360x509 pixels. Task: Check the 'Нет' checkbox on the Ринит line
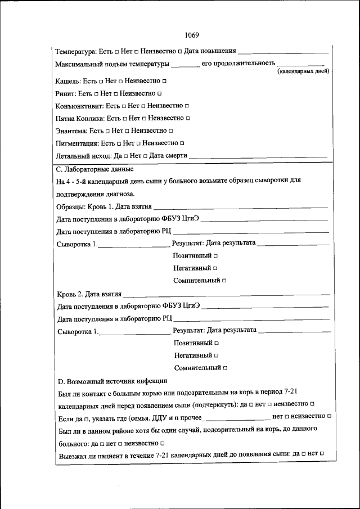click(x=116, y=93)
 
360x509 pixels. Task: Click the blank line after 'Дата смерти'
click(x=258, y=156)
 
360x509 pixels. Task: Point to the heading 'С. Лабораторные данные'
click(x=96, y=168)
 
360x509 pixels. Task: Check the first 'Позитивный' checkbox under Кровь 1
click(x=215, y=255)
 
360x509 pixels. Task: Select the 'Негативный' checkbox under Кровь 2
click(x=215, y=355)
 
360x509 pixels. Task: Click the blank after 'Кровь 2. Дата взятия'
click(x=225, y=294)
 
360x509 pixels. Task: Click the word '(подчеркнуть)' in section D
click(x=215, y=405)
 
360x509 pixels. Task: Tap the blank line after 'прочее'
click(x=235, y=417)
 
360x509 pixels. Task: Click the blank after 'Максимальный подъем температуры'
click(x=185, y=64)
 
